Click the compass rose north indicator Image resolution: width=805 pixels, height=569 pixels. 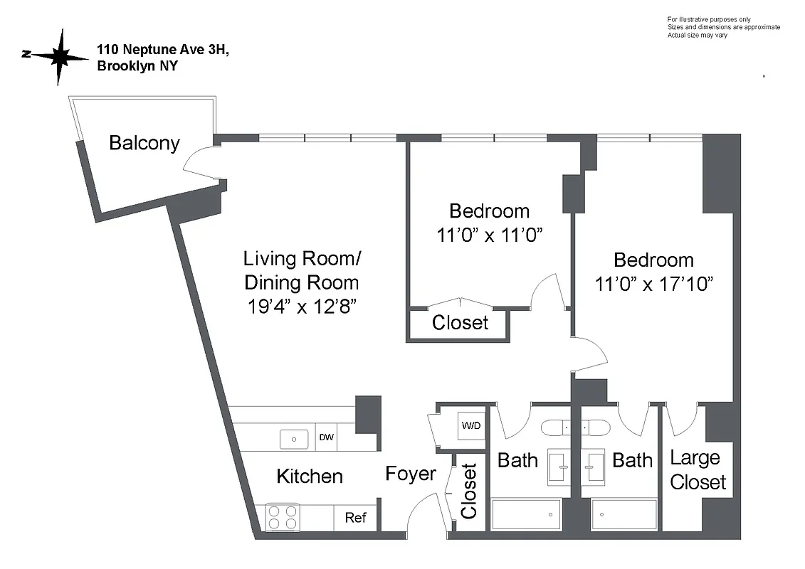click(x=53, y=56)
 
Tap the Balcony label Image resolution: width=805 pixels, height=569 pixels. click(x=144, y=143)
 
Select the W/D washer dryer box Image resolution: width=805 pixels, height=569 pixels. click(x=471, y=426)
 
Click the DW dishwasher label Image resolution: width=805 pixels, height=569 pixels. click(x=326, y=438)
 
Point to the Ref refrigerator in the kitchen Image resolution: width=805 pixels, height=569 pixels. click(x=355, y=517)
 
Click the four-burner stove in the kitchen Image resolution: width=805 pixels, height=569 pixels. click(x=283, y=517)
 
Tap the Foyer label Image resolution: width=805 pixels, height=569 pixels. click(x=411, y=474)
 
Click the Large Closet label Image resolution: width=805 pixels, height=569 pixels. click(x=698, y=469)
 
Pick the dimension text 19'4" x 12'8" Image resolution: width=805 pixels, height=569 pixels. click(x=301, y=307)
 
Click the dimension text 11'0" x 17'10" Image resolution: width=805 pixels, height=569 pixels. click(x=653, y=284)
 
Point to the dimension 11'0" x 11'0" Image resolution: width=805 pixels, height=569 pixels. click(x=490, y=235)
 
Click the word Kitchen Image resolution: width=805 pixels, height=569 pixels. click(x=310, y=476)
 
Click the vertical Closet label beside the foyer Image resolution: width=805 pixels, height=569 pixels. click(x=469, y=491)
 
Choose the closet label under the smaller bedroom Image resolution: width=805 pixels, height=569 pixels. click(x=460, y=323)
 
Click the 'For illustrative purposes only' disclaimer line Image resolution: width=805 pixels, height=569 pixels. click(x=708, y=19)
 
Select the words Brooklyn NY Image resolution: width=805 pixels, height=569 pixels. click(x=137, y=66)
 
